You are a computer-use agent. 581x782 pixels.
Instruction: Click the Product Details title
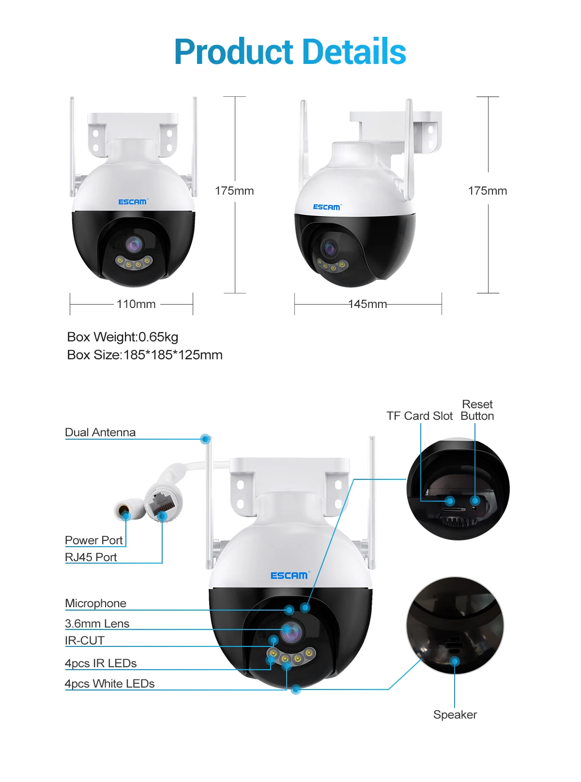tap(290, 51)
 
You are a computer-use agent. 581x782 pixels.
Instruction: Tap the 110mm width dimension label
tap(136, 304)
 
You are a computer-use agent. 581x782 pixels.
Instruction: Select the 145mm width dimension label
tap(367, 304)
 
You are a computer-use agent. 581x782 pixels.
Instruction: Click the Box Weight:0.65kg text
tap(122, 337)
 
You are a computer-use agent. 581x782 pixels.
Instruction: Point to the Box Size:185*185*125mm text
tap(145, 355)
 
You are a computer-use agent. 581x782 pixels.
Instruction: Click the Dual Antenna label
tap(100, 432)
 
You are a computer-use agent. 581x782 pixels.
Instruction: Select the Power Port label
tap(94, 540)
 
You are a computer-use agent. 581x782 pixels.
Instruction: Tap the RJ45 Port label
tap(91, 557)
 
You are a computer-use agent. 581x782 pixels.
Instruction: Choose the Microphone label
tap(95, 603)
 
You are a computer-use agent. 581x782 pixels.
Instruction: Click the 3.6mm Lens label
tap(97, 624)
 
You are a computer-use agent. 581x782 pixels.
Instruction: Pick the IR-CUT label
tap(85, 641)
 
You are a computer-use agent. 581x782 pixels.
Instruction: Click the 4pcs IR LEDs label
tap(101, 663)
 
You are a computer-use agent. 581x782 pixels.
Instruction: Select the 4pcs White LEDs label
tap(110, 684)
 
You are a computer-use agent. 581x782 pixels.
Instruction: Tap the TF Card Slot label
tap(419, 416)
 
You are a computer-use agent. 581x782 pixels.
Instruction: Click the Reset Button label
tap(477, 410)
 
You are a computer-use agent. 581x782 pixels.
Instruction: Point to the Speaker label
tap(455, 715)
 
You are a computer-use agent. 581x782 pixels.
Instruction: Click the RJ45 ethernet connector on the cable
tap(164, 501)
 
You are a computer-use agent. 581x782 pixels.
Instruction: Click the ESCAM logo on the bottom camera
tap(289, 575)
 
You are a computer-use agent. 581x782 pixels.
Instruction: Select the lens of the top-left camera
tap(134, 245)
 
